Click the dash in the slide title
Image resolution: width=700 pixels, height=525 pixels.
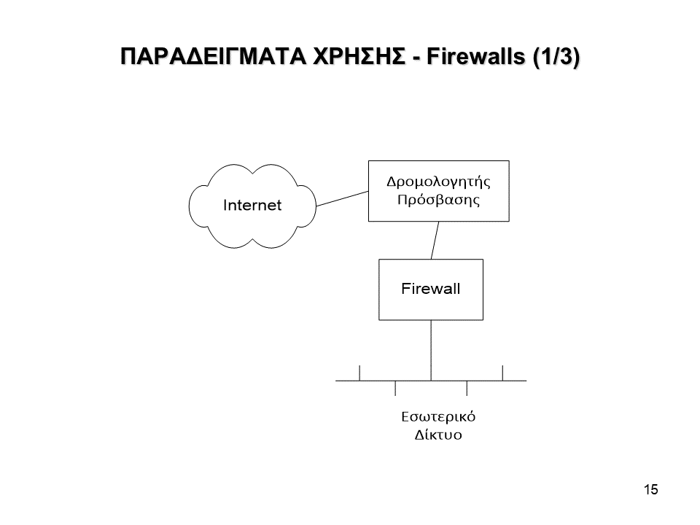pos(416,58)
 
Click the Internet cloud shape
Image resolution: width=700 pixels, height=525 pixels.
pos(252,205)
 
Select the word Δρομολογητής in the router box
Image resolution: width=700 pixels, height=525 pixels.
pos(437,181)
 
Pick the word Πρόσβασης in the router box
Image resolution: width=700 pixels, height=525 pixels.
pos(437,199)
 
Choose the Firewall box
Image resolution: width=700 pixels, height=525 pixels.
pos(430,289)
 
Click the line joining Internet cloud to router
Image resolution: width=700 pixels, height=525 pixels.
pos(342,199)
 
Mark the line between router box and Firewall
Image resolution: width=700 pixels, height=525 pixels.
pos(435,240)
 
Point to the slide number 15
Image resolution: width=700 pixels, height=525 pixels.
pos(651,489)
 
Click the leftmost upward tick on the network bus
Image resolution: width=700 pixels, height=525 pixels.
pos(359,372)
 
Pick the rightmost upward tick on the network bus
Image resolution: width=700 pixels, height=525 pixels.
pos(502,372)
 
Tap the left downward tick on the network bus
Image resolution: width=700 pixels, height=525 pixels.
pos(395,388)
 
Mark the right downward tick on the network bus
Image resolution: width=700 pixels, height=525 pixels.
pos(467,388)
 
